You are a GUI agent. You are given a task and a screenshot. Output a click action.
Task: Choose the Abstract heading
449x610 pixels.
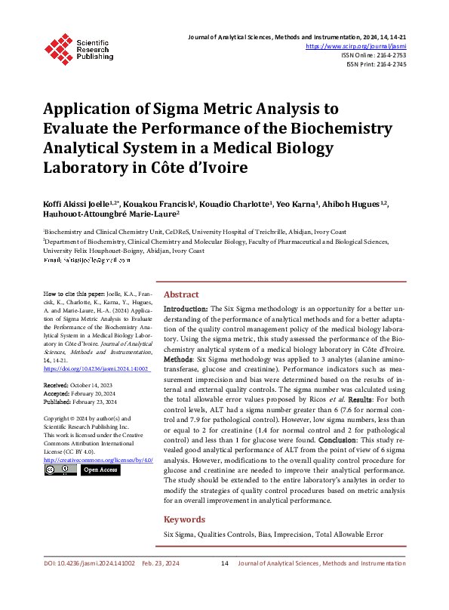tap(181, 294)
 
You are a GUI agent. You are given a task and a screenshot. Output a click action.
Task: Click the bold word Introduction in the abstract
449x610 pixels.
tap(186, 310)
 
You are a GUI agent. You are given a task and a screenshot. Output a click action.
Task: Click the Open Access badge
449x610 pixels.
tap(100, 470)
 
